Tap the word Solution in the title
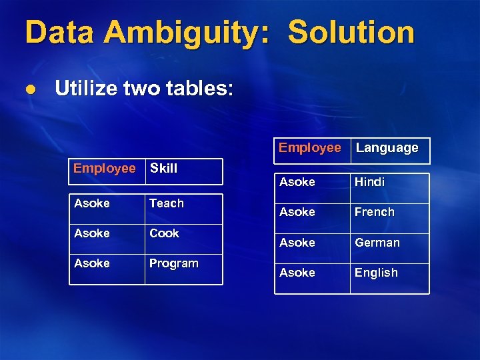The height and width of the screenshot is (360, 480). [351, 33]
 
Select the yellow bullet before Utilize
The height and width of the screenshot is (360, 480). [29, 89]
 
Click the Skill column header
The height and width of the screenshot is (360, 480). [163, 169]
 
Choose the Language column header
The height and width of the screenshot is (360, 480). [387, 148]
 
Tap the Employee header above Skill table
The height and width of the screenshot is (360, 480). [105, 169]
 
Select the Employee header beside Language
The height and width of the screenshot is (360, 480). [309, 148]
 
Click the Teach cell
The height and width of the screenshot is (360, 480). [167, 203]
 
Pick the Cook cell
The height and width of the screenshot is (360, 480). [164, 233]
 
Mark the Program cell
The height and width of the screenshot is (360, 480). [173, 263]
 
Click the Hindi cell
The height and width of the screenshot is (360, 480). [369, 182]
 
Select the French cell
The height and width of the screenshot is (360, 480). [374, 212]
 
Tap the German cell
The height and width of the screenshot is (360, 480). [377, 243]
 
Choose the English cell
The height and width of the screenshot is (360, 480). [376, 273]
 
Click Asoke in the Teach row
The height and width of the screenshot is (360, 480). [92, 203]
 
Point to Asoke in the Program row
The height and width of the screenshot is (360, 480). [92, 263]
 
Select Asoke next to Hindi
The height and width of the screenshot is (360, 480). [297, 182]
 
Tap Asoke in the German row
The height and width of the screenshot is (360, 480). [297, 243]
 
